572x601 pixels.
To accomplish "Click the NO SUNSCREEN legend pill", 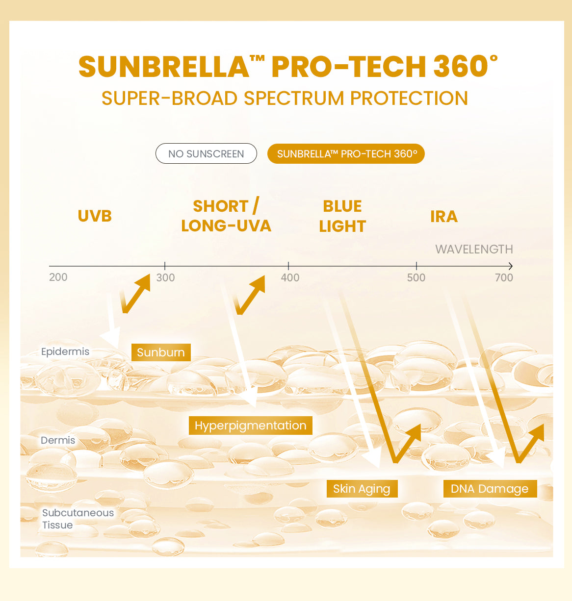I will pos(206,153).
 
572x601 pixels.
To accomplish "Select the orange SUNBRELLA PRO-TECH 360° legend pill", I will pos(346,154).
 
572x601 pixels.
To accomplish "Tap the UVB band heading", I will pos(95,216).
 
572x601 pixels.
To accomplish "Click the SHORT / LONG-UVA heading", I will pos(226,216).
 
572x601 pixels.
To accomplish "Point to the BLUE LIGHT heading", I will pos(342,216).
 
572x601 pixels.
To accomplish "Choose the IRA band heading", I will pos(444,216).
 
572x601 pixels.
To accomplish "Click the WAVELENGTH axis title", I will pos(474,249).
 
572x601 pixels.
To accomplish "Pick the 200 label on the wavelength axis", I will pos(58,277).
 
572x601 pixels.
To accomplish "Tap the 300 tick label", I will pos(165,277).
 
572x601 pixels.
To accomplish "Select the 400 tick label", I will pos(290,277).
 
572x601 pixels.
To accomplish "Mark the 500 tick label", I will pos(416,277).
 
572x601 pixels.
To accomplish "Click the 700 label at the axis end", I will pos(504,277).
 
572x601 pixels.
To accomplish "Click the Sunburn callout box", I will pos(161,352).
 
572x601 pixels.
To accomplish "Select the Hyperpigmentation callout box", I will pos(250,426).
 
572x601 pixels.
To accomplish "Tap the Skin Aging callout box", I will pos(362,489).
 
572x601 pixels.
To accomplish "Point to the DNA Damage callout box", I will pos(490,489).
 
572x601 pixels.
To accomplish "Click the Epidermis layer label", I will pos(65,351).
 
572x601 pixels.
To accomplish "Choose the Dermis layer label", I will pos(58,440).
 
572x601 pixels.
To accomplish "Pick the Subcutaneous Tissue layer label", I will pos(78,519).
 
